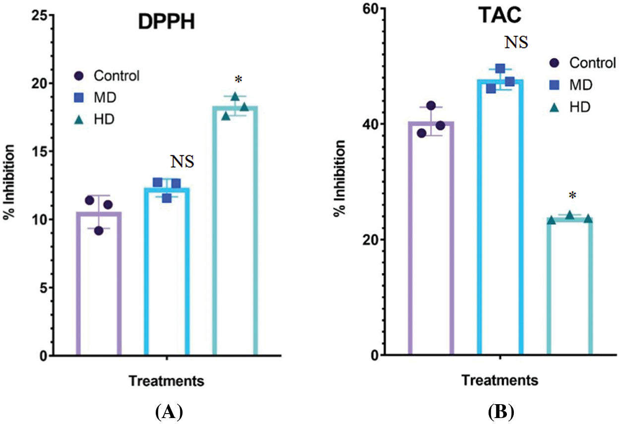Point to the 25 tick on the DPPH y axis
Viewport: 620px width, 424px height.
click(39, 15)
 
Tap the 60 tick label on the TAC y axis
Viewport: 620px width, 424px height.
click(368, 8)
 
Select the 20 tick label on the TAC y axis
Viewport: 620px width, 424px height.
click(368, 240)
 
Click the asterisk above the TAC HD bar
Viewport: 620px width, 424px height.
click(572, 196)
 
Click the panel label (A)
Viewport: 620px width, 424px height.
click(169, 412)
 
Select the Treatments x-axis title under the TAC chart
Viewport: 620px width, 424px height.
click(500, 381)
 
